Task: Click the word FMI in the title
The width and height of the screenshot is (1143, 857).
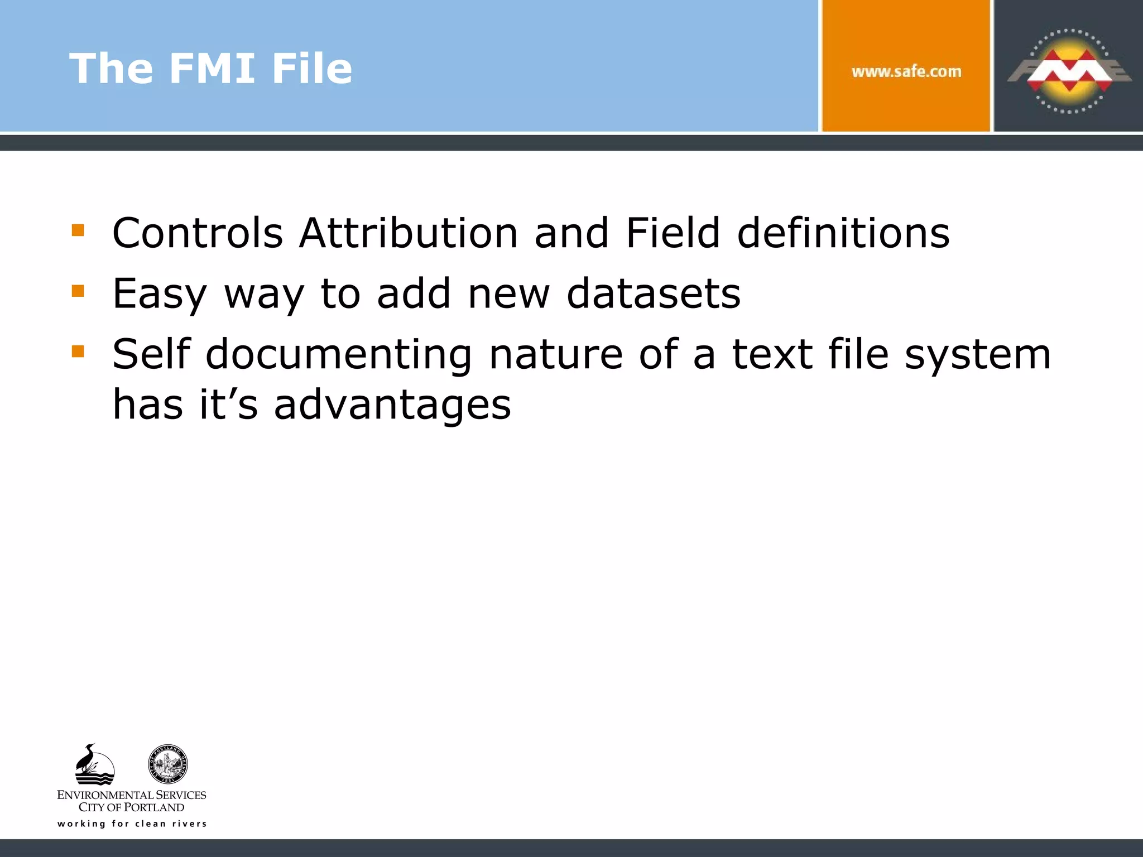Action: [212, 69]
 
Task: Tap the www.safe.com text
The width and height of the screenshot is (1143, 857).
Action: [906, 71]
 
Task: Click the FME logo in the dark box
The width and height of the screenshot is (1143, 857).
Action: [1068, 71]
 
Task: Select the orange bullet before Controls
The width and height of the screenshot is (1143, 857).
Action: [78, 230]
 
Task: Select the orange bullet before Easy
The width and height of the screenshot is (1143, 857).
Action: [78, 291]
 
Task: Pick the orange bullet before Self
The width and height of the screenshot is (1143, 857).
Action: [78, 351]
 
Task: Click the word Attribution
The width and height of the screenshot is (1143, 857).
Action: [409, 233]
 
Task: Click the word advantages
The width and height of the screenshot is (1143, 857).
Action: [392, 405]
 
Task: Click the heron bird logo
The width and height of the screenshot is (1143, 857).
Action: [94, 764]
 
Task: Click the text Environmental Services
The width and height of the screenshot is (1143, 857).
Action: [132, 795]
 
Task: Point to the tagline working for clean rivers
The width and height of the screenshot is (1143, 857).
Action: [132, 824]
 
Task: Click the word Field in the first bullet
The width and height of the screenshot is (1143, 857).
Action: [673, 233]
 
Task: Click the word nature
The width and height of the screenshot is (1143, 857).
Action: [555, 355]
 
